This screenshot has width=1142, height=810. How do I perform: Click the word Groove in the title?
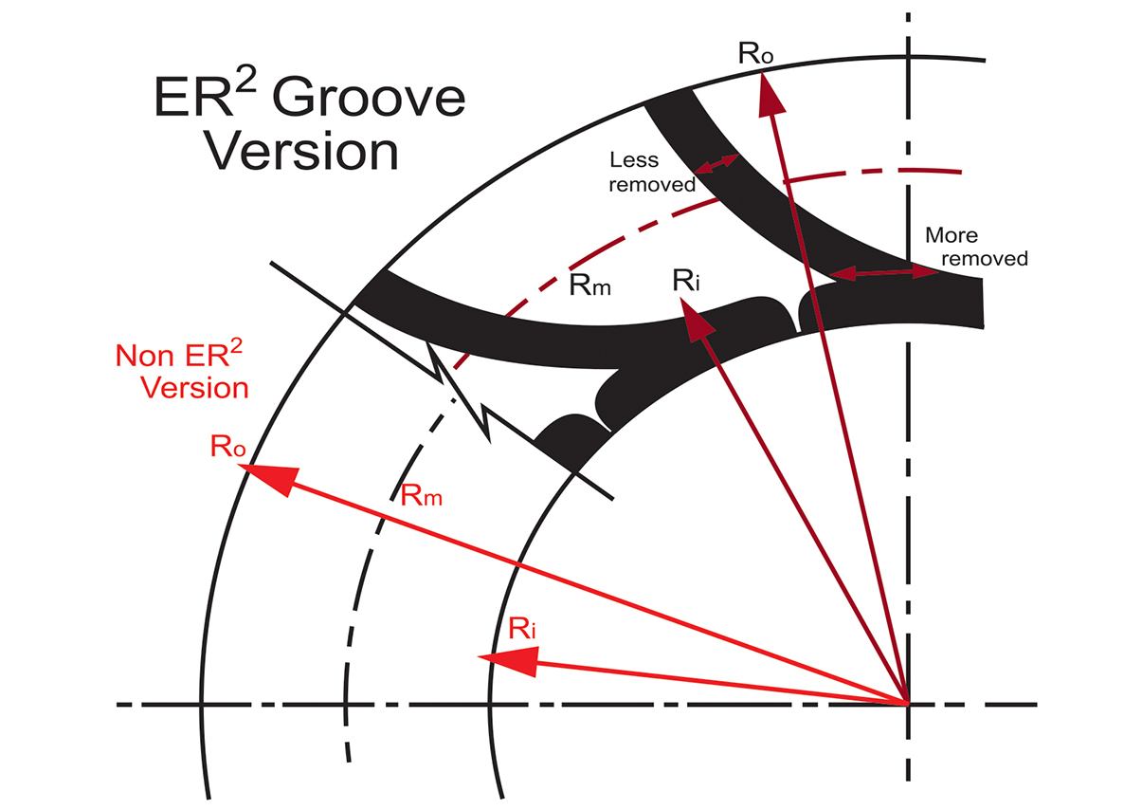click(x=369, y=97)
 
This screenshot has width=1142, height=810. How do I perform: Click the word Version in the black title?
click(x=301, y=152)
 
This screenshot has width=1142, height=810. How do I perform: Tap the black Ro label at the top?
click(x=755, y=52)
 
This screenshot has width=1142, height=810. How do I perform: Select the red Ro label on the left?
click(x=227, y=446)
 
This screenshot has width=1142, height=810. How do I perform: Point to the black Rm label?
click(x=589, y=285)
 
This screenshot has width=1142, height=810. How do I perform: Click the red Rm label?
click(x=421, y=495)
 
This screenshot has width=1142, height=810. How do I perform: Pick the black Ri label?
click(x=686, y=280)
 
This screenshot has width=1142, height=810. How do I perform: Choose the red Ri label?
click(x=521, y=628)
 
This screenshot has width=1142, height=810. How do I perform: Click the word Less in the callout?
click(x=634, y=159)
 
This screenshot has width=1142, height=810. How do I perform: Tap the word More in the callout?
click(x=952, y=235)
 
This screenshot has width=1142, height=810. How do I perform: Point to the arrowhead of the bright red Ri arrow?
click(x=508, y=661)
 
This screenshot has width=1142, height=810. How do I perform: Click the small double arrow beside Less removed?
click(x=716, y=164)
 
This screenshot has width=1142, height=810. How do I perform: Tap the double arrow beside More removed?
click(x=884, y=273)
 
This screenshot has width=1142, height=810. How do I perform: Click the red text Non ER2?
click(x=179, y=353)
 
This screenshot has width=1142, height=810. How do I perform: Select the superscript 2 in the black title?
click(x=245, y=82)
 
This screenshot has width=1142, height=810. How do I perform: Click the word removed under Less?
click(x=652, y=184)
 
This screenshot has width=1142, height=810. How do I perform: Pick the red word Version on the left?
click(x=194, y=388)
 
